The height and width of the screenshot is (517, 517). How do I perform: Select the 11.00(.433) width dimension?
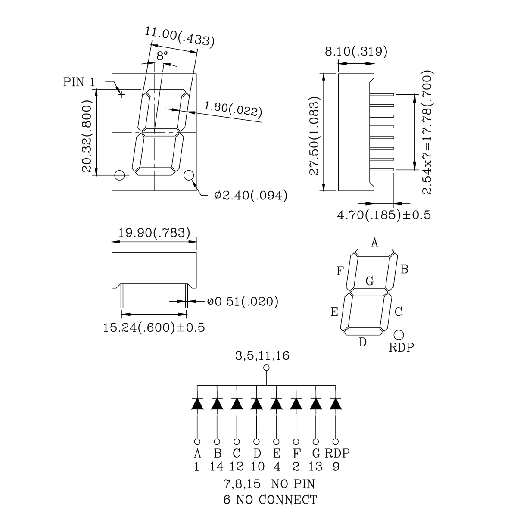[179, 36]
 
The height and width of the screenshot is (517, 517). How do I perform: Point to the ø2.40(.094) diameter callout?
[250, 196]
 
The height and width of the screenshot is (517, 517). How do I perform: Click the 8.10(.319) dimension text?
[356, 52]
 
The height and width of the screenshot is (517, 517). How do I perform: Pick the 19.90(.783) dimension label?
[154, 233]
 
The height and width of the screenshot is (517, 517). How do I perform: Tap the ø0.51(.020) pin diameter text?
[243, 301]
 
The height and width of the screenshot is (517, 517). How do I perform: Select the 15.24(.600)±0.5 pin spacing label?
[154, 328]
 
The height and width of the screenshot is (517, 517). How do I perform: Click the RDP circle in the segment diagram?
[399, 335]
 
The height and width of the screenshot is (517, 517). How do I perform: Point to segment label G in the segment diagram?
[370, 281]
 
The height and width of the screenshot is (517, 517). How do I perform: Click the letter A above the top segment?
[375, 243]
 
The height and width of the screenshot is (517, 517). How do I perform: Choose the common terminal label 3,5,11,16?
[262, 356]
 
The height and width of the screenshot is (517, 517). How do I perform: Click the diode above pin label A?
[197, 404]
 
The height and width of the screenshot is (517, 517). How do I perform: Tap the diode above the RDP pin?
[336, 404]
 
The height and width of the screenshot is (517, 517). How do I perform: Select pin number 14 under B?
[217, 466]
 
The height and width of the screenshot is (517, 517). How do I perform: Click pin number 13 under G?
[316, 466]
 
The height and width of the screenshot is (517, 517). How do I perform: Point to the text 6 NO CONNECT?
[270, 500]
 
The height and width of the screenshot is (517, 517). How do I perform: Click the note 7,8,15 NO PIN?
[269, 484]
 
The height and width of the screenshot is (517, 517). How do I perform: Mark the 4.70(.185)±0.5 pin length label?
[384, 215]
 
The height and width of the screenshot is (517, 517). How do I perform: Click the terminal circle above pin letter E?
[276, 441]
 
